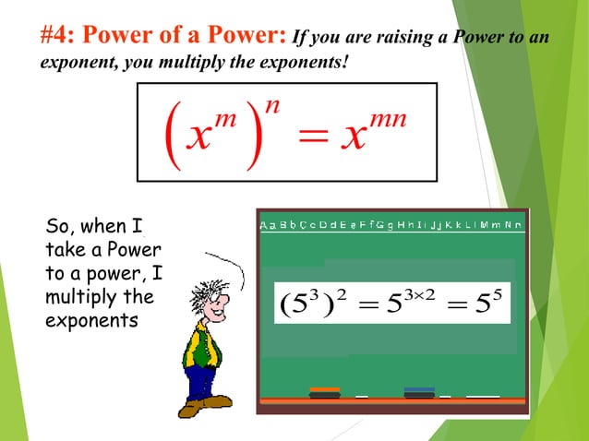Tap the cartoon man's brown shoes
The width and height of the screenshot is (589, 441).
(205, 403)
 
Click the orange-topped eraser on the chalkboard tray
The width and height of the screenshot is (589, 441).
(325, 391)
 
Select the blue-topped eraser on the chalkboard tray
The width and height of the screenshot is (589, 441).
(419, 391)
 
